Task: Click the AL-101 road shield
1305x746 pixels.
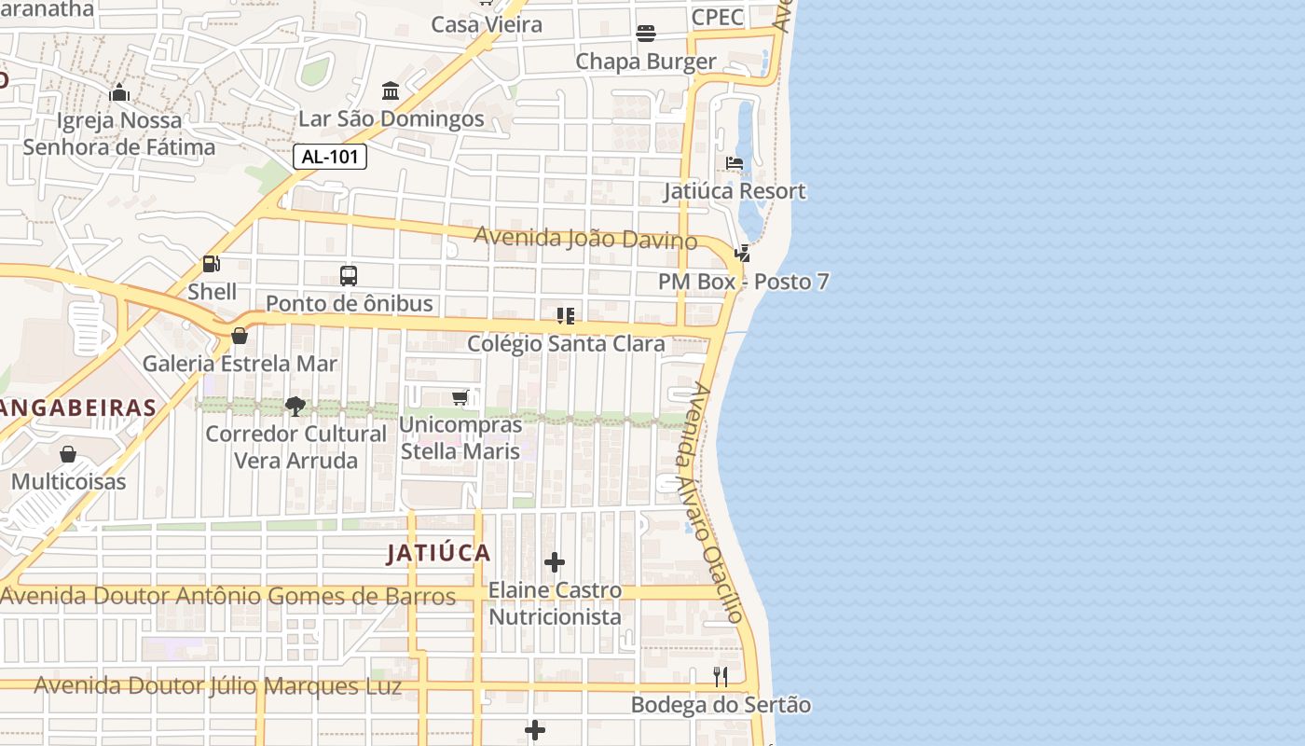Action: pyautogui.click(x=330, y=157)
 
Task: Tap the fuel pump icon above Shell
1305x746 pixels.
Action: pyautogui.click(x=212, y=265)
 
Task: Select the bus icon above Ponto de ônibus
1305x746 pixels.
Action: pyautogui.click(x=349, y=276)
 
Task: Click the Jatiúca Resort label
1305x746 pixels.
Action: pyautogui.click(x=735, y=191)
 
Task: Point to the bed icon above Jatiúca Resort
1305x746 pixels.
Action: pyautogui.click(x=735, y=163)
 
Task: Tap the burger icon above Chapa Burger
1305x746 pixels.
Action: pyautogui.click(x=646, y=34)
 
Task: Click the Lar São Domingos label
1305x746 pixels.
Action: pyautogui.click(x=391, y=119)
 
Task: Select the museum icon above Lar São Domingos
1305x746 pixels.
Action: pyautogui.click(x=391, y=91)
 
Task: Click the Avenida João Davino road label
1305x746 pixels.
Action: pyautogui.click(x=585, y=239)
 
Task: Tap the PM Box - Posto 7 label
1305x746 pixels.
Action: pyautogui.click(x=743, y=282)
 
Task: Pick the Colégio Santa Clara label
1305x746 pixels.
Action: pyautogui.click(x=566, y=343)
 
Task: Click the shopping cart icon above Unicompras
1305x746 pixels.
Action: pyautogui.click(x=460, y=398)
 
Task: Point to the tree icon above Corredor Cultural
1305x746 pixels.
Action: pyautogui.click(x=295, y=406)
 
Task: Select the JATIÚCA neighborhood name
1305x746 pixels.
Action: pyautogui.click(x=438, y=553)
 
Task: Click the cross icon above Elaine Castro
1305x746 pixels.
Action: pyautogui.click(x=555, y=562)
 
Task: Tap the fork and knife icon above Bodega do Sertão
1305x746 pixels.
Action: pyautogui.click(x=721, y=677)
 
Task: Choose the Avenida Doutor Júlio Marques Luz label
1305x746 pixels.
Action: pyautogui.click(x=218, y=686)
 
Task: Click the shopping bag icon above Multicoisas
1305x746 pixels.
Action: pyautogui.click(x=68, y=454)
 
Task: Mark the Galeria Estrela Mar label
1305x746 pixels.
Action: pyautogui.click(x=240, y=364)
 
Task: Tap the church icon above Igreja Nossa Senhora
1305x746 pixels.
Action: pyautogui.click(x=119, y=92)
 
